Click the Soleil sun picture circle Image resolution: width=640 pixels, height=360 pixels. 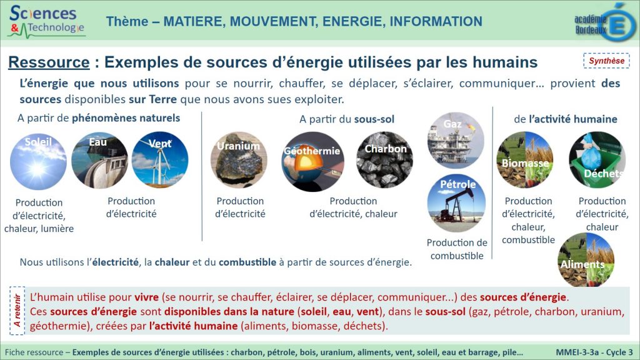point(38,162)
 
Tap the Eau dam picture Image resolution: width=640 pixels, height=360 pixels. point(99,161)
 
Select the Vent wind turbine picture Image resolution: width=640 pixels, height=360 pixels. point(160,159)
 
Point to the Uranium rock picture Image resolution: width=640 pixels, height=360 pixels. point(239,159)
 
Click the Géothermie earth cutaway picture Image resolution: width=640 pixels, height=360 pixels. point(312,162)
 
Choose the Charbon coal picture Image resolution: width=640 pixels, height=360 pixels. point(384,159)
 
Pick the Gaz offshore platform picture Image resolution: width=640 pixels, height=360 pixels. point(456,141)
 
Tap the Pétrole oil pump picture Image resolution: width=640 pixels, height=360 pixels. point(456,203)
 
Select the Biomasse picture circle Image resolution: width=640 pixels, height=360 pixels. point(525,159)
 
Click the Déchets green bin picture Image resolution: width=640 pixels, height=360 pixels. point(597,159)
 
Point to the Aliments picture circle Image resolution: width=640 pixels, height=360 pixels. point(586,259)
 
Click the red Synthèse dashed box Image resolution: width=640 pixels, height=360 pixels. point(606,61)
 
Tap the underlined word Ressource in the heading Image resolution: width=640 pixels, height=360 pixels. point(49,62)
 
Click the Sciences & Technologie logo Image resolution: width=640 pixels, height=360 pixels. point(47,21)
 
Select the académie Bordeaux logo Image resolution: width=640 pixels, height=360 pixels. point(605,22)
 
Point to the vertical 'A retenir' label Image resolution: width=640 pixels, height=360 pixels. point(17,311)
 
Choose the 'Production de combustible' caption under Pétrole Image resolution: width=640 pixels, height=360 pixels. point(457,249)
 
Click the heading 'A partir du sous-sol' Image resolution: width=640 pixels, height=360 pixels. point(347,119)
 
